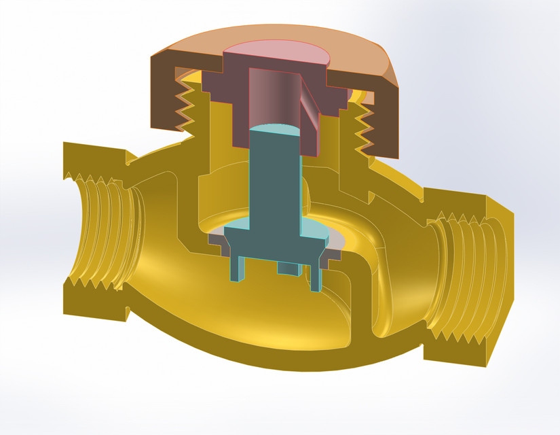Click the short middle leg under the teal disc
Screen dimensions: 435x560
point(288,268)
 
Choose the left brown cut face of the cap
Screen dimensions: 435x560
point(166,102)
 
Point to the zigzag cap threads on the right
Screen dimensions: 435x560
point(363,129)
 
